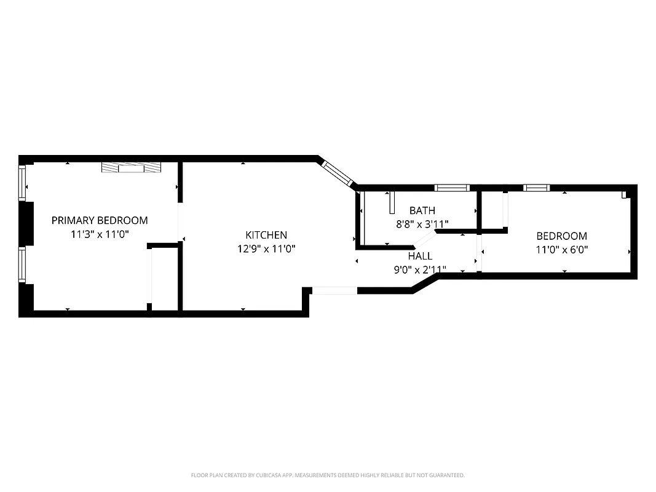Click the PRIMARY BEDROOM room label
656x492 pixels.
(x=100, y=220)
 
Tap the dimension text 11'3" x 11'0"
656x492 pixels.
(x=100, y=234)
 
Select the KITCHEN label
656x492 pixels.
(x=266, y=235)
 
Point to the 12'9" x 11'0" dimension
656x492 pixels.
(x=266, y=249)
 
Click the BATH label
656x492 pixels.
(x=422, y=211)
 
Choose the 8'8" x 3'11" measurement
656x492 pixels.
(x=422, y=224)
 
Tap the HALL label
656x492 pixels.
(x=420, y=256)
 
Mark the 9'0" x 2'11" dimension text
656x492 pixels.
(x=420, y=269)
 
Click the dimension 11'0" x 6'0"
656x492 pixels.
(x=561, y=250)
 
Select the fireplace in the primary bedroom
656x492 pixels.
(x=132, y=167)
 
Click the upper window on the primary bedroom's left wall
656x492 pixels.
(x=23, y=183)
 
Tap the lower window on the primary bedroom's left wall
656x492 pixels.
(x=23, y=264)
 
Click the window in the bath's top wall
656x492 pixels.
(x=451, y=188)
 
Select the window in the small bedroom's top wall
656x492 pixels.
(x=536, y=188)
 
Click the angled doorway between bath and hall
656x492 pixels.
(x=424, y=239)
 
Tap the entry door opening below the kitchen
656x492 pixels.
(x=334, y=291)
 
